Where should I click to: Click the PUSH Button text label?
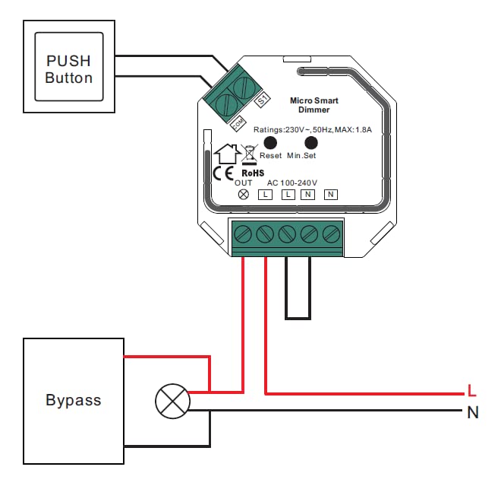[x=68, y=69]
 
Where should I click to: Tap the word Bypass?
[x=74, y=400]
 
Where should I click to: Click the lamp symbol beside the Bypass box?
[x=172, y=401]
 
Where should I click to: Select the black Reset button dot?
[x=270, y=143]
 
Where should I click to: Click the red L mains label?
[x=471, y=391]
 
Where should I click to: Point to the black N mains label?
[x=473, y=412]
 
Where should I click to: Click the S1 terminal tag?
[x=263, y=100]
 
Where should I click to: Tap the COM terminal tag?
[x=238, y=123]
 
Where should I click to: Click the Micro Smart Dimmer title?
[x=314, y=105]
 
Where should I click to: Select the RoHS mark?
[x=253, y=173]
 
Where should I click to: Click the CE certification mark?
[x=223, y=174]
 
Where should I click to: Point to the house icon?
[x=227, y=154]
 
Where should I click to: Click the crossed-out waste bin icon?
[x=249, y=154]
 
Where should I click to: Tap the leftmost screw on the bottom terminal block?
[x=243, y=234]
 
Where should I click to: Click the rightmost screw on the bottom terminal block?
[x=331, y=234]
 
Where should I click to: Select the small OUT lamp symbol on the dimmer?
[x=244, y=195]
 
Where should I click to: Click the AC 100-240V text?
[x=292, y=183]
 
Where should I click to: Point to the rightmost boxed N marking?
[x=331, y=195]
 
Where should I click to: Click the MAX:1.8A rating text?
[x=353, y=129]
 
